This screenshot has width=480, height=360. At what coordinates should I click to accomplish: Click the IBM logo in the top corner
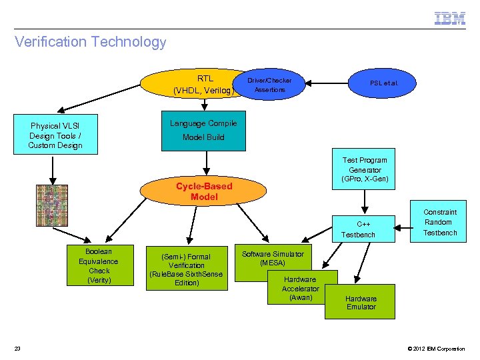(x=450, y=18)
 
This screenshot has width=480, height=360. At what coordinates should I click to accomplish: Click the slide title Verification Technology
(x=91, y=42)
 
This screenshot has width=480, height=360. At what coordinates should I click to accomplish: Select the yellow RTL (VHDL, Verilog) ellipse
(x=193, y=84)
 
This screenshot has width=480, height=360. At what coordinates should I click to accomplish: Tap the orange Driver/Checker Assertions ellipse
(x=269, y=85)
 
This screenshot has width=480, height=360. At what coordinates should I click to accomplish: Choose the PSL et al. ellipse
(x=384, y=83)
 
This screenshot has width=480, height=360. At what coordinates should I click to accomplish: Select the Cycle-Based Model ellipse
(x=204, y=191)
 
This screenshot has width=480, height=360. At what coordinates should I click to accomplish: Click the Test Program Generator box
(x=364, y=170)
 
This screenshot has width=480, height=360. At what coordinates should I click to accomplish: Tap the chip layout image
(x=52, y=205)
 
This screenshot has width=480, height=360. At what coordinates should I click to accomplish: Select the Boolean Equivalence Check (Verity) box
(x=99, y=266)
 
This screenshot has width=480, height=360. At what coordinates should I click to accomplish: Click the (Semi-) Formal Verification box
(x=187, y=269)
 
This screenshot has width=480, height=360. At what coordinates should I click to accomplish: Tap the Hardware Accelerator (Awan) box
(x=301, y=289)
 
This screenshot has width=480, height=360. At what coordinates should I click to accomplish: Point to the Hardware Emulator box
(x=361, y=302)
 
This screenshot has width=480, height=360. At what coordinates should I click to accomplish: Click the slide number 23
(x=17, y=349)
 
